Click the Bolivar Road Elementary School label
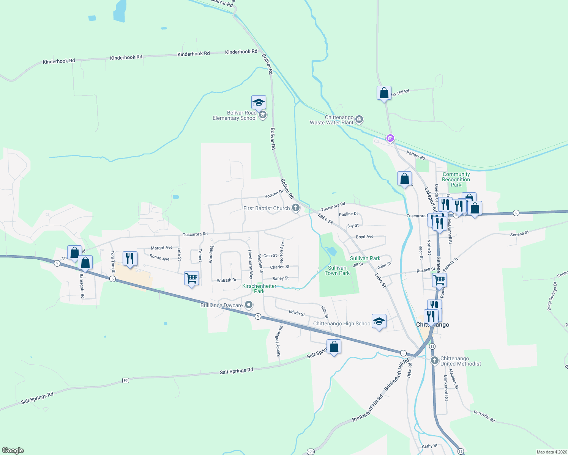(x=235, y=115)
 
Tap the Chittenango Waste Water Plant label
(x=331, y=120)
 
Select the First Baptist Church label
(x=267, y=208)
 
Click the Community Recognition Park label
(x=456, y=179)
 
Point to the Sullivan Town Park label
(x=337, y=270)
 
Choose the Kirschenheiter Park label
(x=259, y=289)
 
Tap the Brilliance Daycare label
(x=221, y=305)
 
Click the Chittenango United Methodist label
(x=460, y=361)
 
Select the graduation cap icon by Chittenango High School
(x=379, y=322)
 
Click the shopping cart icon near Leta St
(x=191, y=278)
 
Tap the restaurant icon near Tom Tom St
(x=130, y=259)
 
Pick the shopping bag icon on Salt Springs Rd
(x=334, y=347)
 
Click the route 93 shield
(x=126, y=380)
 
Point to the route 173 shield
(x=311, y=452)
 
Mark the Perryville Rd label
(x=484, y=416)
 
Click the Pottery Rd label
(x=415, y=155)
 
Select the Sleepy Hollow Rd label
(x=279, y=341)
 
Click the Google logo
(x=13, y=450)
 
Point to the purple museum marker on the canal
(x=390, y=138)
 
